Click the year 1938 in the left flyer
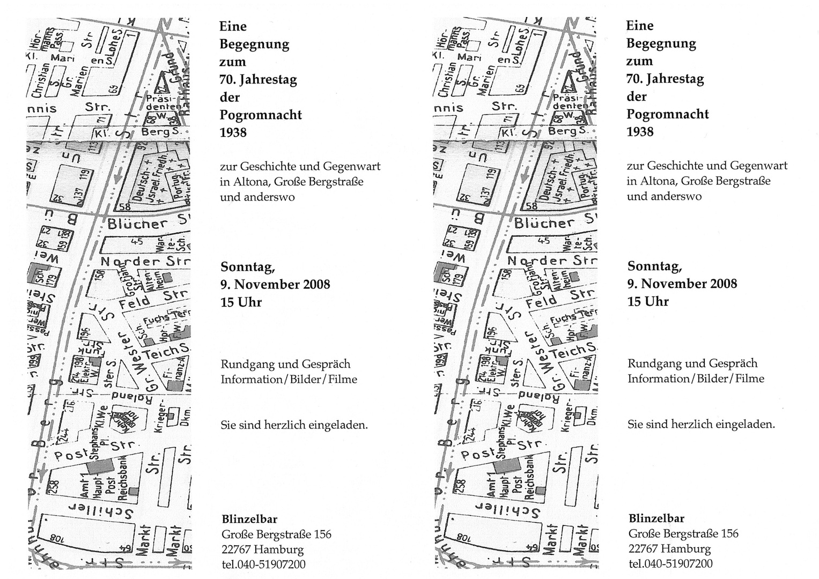(233, 132)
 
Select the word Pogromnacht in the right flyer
(668, 114)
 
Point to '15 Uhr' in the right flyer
(648, 301)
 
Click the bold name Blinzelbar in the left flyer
(249, 519)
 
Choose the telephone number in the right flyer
(670, 563)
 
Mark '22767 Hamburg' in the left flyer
(262, 550)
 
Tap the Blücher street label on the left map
(138, 224)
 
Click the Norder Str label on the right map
(552, 261)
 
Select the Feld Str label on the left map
(153, 299)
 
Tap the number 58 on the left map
(126, 206)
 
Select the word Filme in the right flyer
(749, 378)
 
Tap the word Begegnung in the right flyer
(661, 43)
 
